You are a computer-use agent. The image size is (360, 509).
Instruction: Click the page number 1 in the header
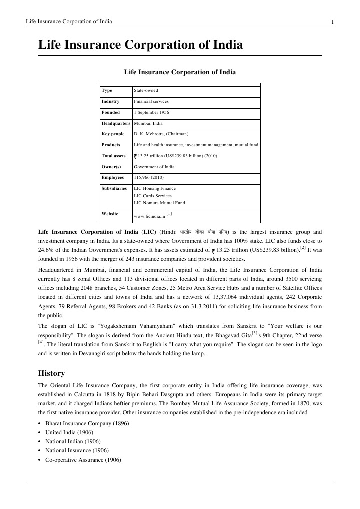(x=332, y=21)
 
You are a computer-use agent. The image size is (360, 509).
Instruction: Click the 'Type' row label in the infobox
(x=107, y=90)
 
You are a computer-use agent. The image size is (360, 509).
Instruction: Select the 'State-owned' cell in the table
(x=146, y=90)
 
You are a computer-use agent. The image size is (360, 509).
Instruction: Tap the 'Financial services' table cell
(x=151, y=101)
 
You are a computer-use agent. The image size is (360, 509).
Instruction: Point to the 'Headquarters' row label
(x=116, y=123)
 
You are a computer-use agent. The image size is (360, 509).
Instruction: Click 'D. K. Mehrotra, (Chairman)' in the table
(x=161, y=134)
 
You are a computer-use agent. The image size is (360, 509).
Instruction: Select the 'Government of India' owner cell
(x=154, y=167)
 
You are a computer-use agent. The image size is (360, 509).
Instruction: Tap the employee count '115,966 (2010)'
(x=148, y=178)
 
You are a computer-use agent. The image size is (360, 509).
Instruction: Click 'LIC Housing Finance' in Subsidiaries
(x=155, y=189)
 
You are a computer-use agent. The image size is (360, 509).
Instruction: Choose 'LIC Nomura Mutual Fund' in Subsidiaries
(x=159, y=203)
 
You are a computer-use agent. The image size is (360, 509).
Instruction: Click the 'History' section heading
(x=52, y=373)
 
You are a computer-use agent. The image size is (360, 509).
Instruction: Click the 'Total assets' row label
(x=113, y=156)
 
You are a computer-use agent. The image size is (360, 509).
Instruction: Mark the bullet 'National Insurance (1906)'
(x=73, y=451)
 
